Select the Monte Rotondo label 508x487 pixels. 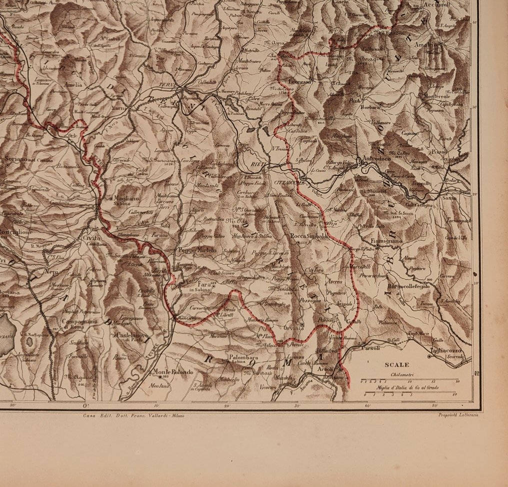coord(173,372)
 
